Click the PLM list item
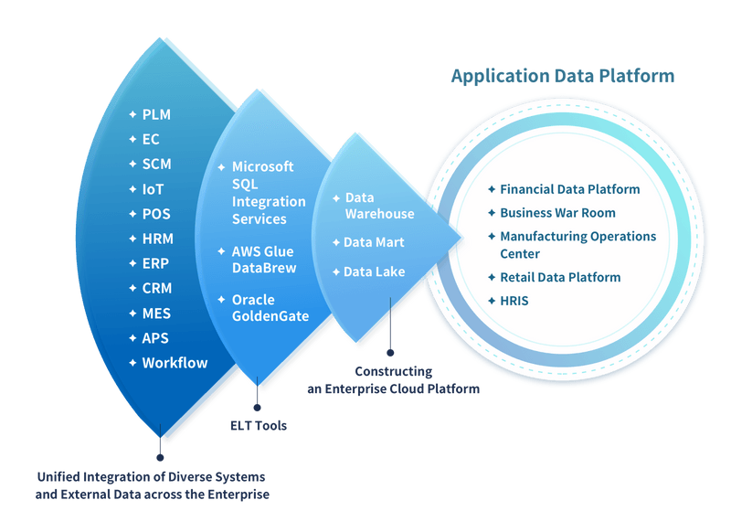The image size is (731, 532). click(x=156, y=115)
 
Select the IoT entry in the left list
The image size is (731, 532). click(x=153, y=189)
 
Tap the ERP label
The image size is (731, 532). click(x=155, y=263)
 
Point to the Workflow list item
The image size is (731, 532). click(x=175, y=363)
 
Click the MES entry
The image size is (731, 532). click(x=156, y=314)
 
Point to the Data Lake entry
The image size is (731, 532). click(x=374, y=271)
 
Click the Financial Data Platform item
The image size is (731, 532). click(x=569, y=189)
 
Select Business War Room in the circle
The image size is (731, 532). click(x=557, y=212)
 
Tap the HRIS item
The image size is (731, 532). click(x=514, y=300)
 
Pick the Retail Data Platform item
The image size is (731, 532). click(x=560, y=277)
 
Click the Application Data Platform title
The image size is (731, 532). click(x=562, y=76)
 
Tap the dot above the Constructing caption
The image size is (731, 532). click(x=391, y=351)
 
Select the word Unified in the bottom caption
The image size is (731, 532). click(x=58, y=477)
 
